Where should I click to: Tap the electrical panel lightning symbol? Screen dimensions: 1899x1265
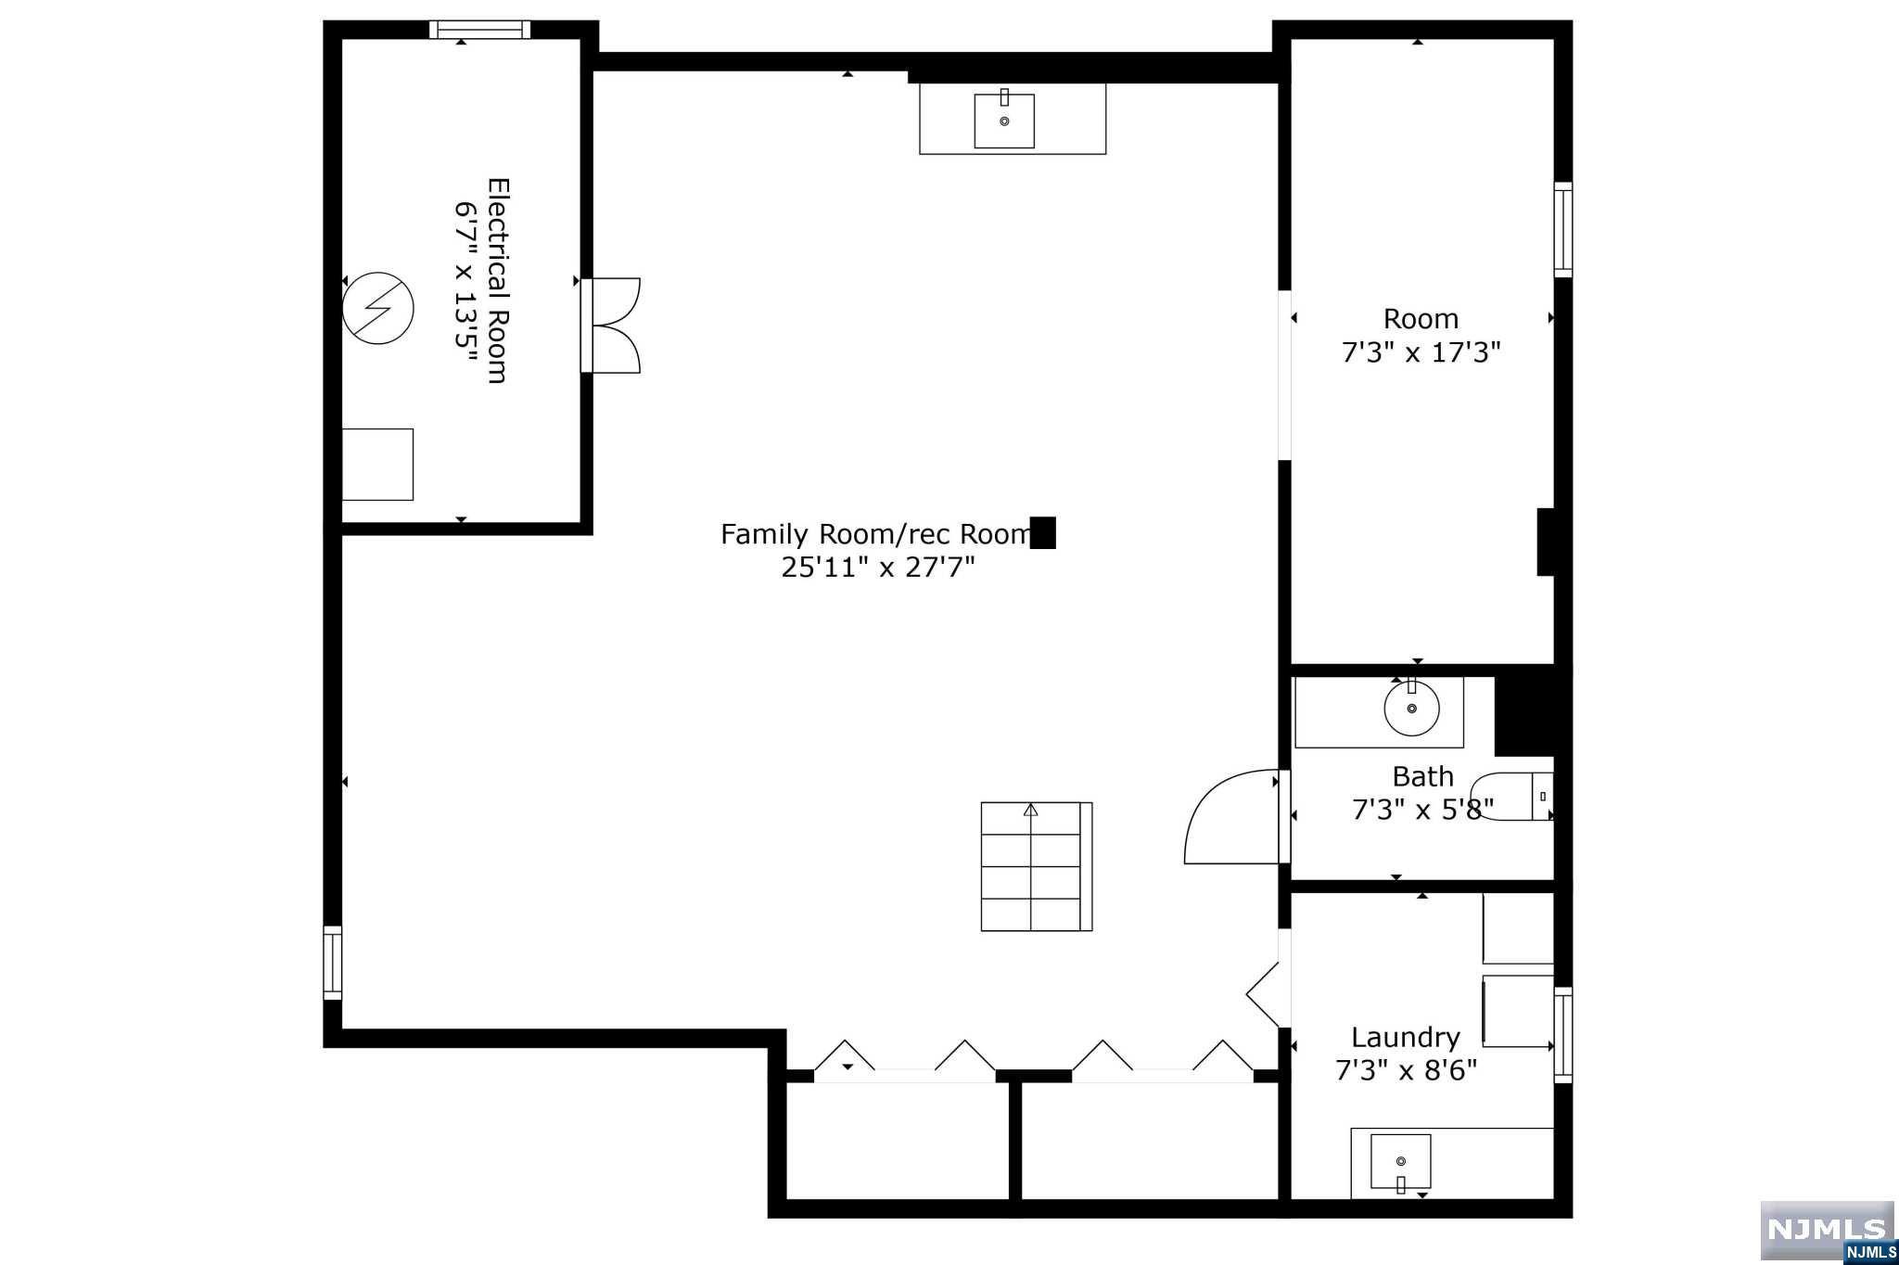tap(377, 308)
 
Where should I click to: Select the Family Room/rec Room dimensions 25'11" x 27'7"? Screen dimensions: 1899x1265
tap(878, 567)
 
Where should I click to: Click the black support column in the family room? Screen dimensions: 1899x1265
tap(1043, 532)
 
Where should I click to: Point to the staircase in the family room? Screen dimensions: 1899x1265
tap(1037, 866)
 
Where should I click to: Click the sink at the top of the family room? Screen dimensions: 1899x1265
tap(1004, 120)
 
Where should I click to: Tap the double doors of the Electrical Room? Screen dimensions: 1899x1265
tap(611, 326)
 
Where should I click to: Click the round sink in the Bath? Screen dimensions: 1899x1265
tap(1411, 708)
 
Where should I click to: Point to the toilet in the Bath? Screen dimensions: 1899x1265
tap(1511, 796)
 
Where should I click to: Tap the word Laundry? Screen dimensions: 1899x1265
tap(1406, 1038)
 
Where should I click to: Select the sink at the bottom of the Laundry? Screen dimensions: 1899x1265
tap(1400, 1162)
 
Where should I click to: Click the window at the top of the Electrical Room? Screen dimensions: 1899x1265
tap(480, 30)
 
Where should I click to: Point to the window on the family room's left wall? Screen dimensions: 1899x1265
tap(332, 963)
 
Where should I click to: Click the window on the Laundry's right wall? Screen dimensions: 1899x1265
tap(1563, 1035)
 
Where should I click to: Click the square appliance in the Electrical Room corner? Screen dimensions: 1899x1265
tap(377, 465)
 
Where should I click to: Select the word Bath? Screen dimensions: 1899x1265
tap(1422, 776)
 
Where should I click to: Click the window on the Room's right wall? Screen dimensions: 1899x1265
tap(1563, 230)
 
